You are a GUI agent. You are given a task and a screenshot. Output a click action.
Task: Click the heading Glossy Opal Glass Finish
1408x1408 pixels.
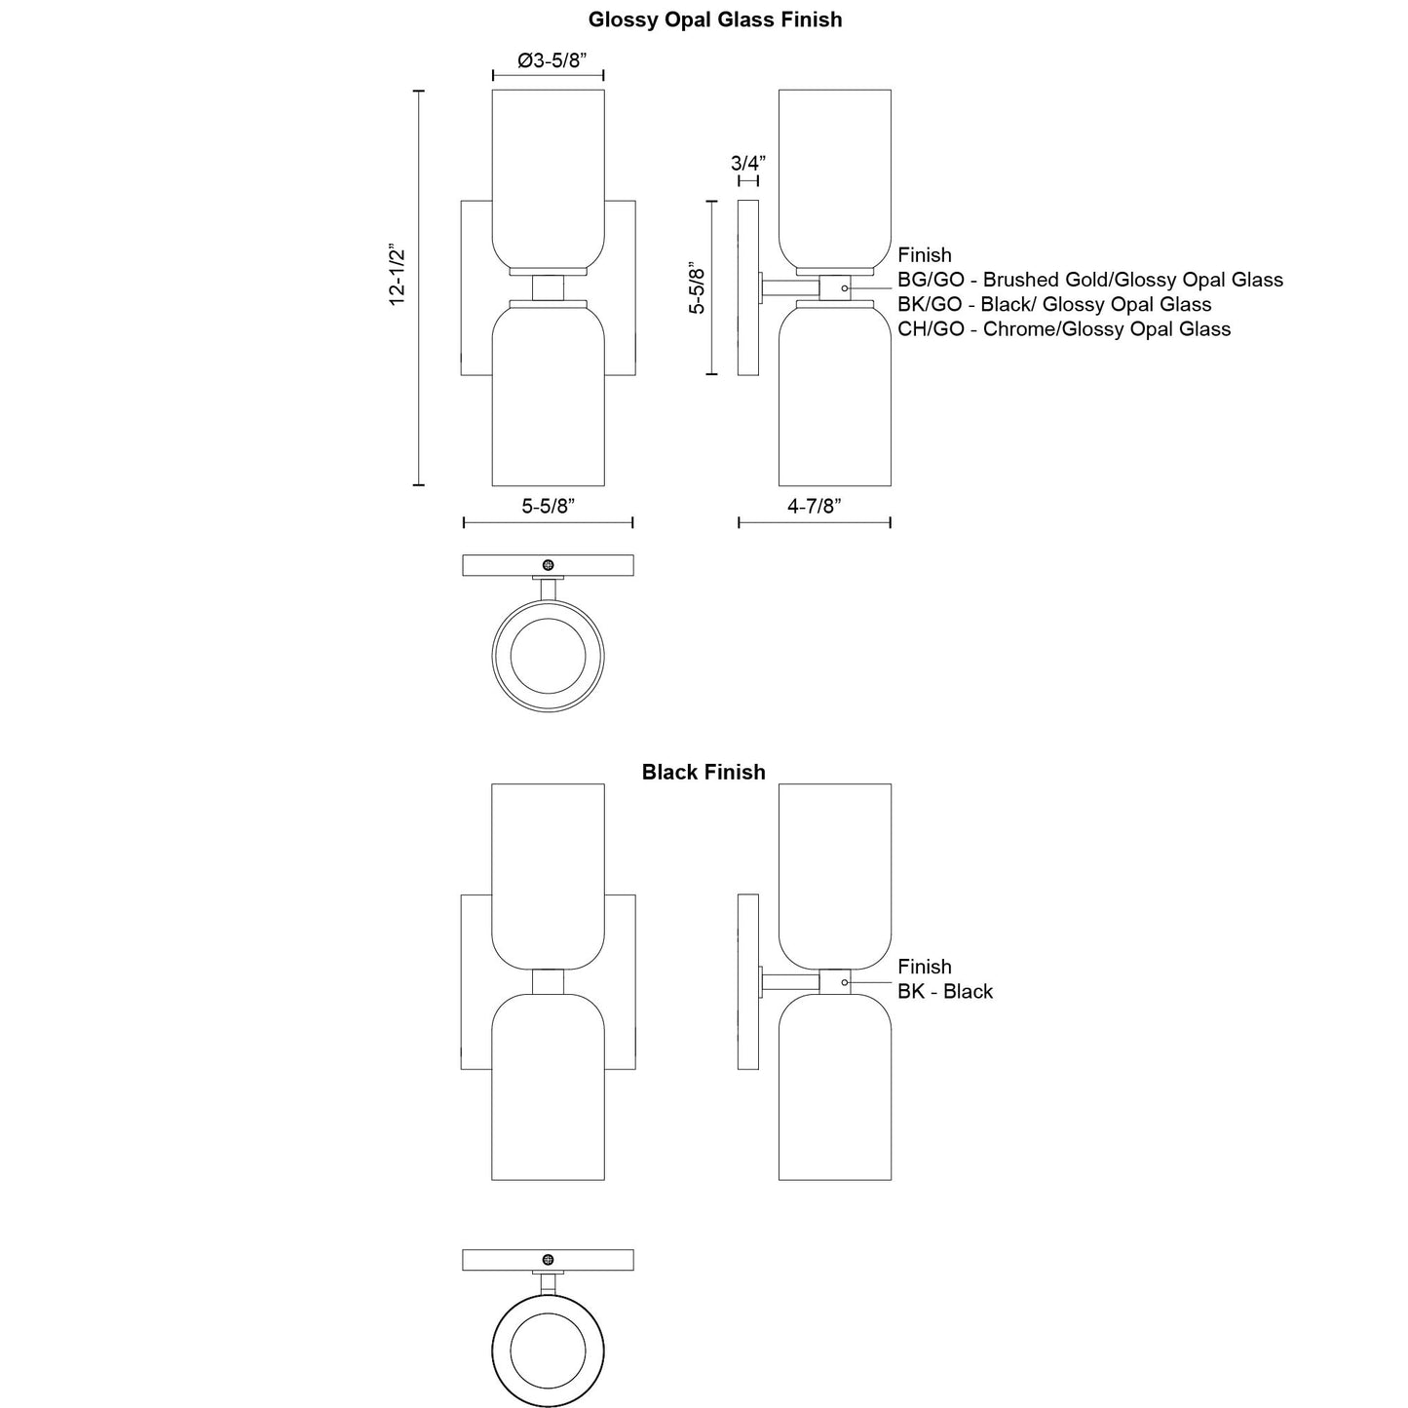714,19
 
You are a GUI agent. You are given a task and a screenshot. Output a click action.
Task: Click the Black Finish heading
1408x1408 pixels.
703,772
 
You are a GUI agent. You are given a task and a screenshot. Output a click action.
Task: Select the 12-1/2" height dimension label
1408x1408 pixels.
398,276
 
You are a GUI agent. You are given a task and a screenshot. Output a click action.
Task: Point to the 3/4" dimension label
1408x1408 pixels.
748,162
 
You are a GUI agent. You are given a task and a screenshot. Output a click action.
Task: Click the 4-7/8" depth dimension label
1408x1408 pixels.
814,506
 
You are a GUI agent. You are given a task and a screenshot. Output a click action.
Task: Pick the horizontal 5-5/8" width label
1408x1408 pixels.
548,506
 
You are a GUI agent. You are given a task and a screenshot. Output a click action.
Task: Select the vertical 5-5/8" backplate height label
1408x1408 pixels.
697,287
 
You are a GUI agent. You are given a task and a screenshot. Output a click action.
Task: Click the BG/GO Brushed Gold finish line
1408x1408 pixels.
1089,280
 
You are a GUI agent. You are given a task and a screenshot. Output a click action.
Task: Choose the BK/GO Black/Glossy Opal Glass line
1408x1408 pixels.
1053,304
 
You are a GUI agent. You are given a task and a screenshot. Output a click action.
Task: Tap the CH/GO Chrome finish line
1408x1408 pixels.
1063,329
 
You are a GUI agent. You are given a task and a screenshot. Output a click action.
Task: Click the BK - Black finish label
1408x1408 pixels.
944,991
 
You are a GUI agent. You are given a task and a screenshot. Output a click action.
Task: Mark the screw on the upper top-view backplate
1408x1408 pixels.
549,565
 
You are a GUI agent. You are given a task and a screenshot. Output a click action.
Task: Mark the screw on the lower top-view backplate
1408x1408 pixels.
549,1260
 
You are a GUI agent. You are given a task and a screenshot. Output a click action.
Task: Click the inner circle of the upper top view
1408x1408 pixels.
548,655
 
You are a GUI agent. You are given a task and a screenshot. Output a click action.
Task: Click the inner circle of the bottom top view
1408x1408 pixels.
548,1350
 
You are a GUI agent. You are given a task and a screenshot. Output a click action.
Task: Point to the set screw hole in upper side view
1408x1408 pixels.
844,288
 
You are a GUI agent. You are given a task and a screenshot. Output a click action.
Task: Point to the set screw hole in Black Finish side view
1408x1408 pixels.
844,982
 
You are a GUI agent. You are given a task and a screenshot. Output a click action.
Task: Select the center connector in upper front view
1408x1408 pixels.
549,287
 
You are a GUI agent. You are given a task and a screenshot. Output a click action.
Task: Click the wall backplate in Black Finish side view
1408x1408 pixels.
747,982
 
